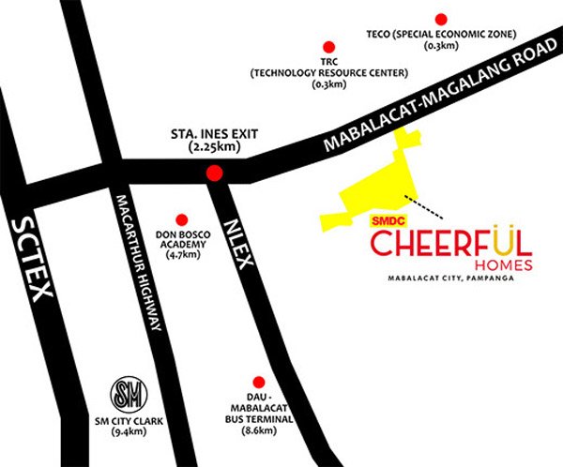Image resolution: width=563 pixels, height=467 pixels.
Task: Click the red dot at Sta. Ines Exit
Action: tap(214, 173)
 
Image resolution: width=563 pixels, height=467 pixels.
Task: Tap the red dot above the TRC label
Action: tap(328, 46)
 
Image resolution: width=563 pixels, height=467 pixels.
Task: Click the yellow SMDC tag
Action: tap(373, 222)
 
